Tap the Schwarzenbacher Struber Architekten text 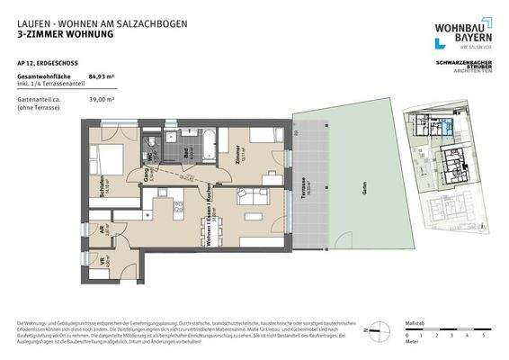tap(464, 67)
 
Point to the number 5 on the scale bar tap(483, 336)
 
